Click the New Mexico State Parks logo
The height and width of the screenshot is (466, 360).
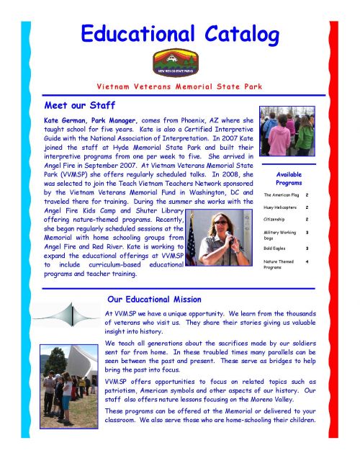pyautogui.click(x=173, y=62)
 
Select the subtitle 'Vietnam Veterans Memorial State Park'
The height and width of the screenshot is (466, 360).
pyautogui.click(x=180, y=87)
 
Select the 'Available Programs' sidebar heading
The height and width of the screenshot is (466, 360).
pyautogui.click(x=289, y=179)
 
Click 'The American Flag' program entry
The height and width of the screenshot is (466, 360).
pyautogui.click(x=280, y=194)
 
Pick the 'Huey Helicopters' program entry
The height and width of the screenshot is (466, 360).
pyautogui.click(x=280, y=207)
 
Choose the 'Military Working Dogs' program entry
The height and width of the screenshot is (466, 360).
pyautogui.click(x=282, y=235)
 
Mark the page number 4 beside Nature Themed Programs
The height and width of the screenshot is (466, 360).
pyautogui.click(x=307, y=261)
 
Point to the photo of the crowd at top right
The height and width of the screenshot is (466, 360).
pyautogui.click(x=287, y=131)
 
